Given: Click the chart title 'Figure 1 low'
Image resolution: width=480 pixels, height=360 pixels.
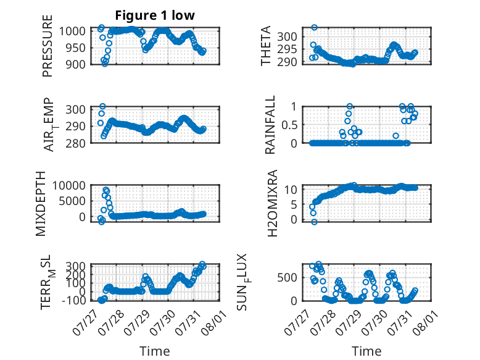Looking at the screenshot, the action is [155, 15].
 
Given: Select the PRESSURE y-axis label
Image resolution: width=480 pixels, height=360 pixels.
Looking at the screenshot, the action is [48, 46].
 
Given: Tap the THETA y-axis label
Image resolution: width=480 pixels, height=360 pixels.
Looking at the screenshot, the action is [266, 46].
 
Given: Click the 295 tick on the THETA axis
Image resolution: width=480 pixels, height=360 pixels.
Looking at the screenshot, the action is [287, 49].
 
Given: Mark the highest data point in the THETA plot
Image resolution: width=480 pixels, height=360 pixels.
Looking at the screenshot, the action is [314, 28].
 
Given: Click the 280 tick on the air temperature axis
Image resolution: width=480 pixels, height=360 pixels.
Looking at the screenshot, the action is [76, 143].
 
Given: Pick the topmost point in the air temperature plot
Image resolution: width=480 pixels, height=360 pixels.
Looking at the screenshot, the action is [102, 106].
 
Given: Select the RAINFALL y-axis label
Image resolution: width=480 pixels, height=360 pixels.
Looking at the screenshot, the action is [270, 125].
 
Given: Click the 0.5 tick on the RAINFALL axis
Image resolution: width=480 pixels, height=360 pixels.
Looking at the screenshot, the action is [289, 125].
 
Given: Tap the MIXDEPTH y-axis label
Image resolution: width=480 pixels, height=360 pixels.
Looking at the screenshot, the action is [40, 204].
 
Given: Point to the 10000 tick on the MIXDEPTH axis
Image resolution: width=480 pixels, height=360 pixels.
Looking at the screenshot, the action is [68, 186].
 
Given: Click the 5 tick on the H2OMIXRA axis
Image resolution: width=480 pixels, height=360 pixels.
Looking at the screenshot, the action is [294, 204].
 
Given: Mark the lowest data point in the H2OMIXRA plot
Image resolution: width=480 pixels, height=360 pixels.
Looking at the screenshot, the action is [314, 222].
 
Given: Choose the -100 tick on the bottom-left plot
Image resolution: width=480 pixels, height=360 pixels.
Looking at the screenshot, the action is [73, 300].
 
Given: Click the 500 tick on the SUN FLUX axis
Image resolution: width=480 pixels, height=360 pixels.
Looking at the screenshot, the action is [287, 278].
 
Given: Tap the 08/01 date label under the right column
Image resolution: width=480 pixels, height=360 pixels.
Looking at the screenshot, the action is [424, 323].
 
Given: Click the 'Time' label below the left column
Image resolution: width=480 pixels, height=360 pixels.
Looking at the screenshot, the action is [155, 351].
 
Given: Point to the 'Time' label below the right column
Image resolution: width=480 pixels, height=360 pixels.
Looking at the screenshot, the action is [366, 351].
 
